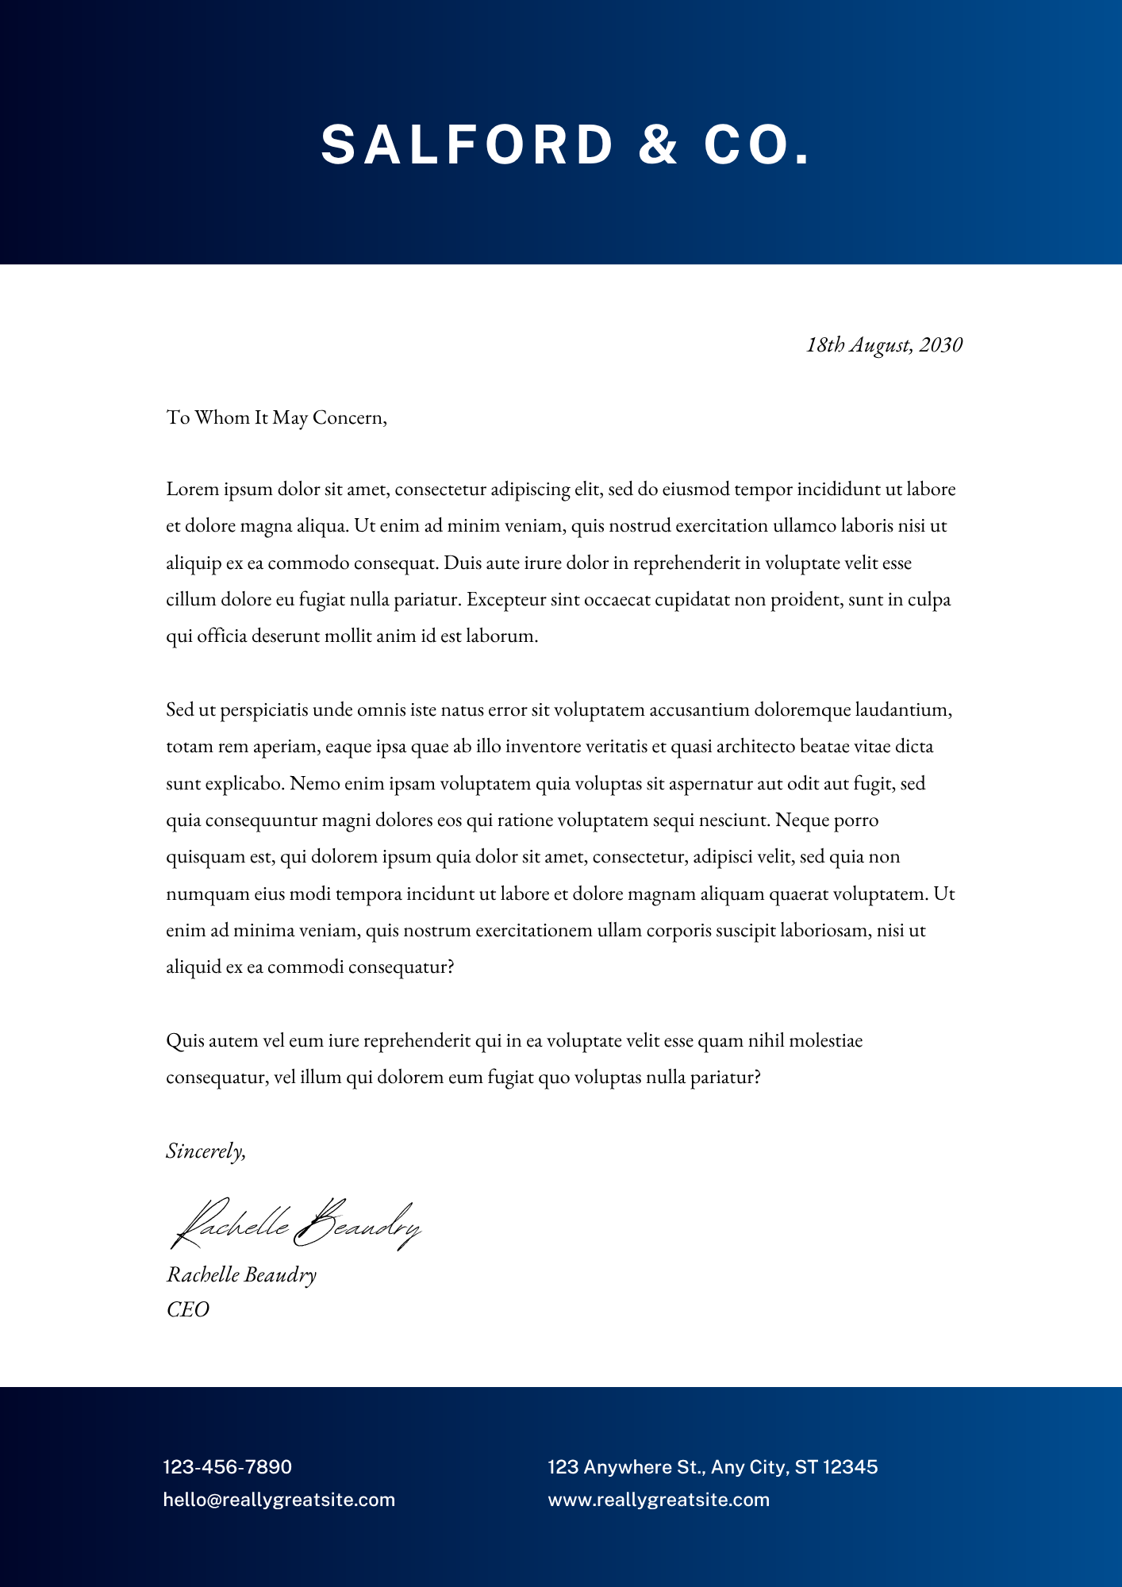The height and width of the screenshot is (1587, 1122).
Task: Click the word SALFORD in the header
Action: tap(467, 145)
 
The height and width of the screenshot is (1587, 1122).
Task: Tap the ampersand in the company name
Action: tap(659, 145)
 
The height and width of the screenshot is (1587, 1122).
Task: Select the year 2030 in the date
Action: tap(940, 344)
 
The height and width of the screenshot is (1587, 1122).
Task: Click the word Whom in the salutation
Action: tap(222, 417)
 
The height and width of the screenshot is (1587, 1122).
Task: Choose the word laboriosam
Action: tap(824, 930)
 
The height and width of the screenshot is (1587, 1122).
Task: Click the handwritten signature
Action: tap(295, 1224)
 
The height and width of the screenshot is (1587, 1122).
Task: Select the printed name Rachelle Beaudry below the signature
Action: tap(241, 1274)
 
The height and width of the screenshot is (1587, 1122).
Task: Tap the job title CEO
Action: tap(188, 1309)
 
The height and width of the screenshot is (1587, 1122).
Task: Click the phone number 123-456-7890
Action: tap(228, 1467)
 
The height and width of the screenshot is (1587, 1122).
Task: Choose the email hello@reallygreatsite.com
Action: tap(279, 1500)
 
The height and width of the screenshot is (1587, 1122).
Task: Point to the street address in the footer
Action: tap(713, 1467)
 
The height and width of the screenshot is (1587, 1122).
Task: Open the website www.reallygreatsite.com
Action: tap(659, 1500)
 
